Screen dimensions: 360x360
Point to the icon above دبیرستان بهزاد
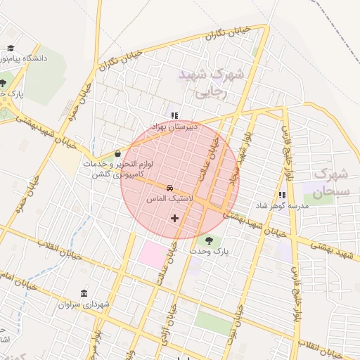(x=174, y=116)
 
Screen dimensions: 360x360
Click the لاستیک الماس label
(x=165, y=200)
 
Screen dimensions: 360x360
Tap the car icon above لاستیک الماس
(x=170, y=188)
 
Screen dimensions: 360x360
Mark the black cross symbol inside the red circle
(x=174, y=219)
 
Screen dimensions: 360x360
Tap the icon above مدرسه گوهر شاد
(x=282, y=195)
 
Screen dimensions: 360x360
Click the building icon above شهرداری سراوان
(x=84, y=293)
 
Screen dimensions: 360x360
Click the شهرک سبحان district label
(x=330, y=182)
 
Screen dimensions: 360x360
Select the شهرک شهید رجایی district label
(x=210, y=82)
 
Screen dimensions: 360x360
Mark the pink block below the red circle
(x=153, y=253)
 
